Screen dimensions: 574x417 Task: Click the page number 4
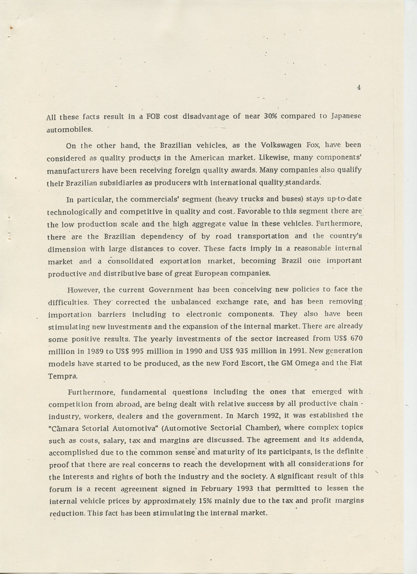pos(359,88)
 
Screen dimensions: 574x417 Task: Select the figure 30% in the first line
pos(271,116)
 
